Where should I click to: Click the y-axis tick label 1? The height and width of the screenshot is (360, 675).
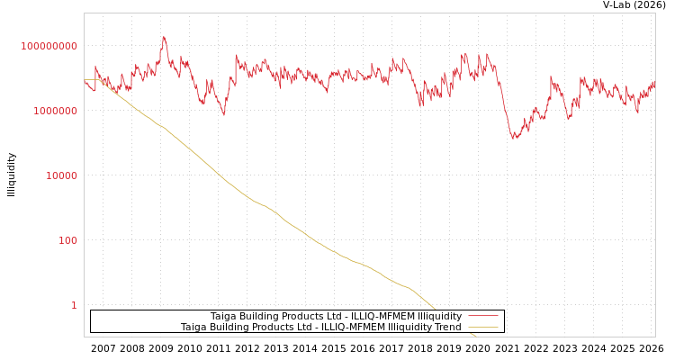(x=74, y=305)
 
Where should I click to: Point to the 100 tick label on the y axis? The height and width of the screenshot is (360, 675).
(x=67, y=240)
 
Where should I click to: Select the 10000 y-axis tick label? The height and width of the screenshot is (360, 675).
(x=62, y=175)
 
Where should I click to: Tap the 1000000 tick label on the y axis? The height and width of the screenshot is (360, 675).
(x=56, y=111)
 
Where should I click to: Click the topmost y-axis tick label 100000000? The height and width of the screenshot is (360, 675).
(x=49, y=46)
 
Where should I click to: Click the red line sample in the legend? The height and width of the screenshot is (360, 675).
(x=482, y=317)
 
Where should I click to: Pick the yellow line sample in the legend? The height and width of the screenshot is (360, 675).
(x=482, y=328)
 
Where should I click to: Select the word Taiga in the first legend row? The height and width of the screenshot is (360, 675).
(x=223, y=317)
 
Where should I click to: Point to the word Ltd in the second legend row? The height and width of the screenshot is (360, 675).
(x=307, y=328)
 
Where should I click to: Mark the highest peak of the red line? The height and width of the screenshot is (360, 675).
(x=164, y=38)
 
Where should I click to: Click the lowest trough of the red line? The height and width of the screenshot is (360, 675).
(x=515, y=139)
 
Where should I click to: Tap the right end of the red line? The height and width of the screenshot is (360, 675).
(x=654, y=83)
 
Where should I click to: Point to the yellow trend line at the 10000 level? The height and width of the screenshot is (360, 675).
(x=217, y=175)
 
